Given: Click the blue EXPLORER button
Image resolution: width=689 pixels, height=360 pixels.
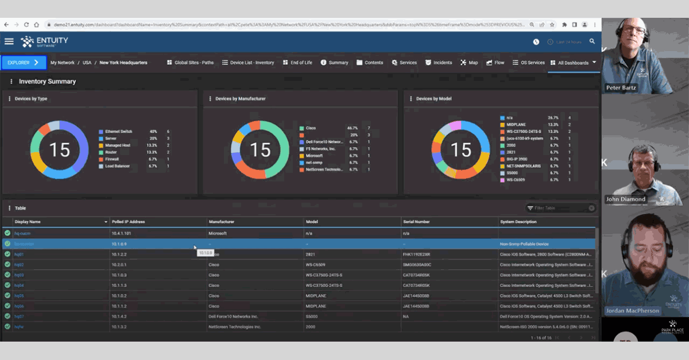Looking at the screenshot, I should (24, 63).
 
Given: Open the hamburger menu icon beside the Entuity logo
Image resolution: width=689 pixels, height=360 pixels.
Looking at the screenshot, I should (9, 41).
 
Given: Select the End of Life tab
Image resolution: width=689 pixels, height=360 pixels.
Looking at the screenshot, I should (297, 63).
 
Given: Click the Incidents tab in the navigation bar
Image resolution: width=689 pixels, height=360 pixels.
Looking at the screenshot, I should (438, 63).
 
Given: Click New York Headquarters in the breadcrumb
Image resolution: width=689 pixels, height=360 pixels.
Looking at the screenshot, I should (123, 63).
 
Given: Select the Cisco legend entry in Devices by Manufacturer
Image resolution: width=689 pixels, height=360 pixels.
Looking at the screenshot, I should (311, 128).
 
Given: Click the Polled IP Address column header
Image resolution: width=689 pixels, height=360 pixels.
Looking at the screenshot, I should (128, 222).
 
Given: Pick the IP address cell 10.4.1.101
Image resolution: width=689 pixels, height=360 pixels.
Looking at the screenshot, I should (121, 234).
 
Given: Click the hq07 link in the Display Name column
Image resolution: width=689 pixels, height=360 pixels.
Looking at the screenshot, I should (19, 316).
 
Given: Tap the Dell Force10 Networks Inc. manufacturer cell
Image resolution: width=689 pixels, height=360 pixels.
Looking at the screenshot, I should (233, 316).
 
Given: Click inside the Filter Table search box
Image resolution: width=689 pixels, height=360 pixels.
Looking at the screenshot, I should (560, 208).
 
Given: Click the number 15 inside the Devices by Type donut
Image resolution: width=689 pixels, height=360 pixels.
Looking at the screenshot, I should (59, 150).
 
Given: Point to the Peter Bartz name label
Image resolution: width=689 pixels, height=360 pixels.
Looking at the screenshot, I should (621, 88).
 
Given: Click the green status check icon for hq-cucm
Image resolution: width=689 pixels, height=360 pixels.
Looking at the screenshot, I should (7, 234).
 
